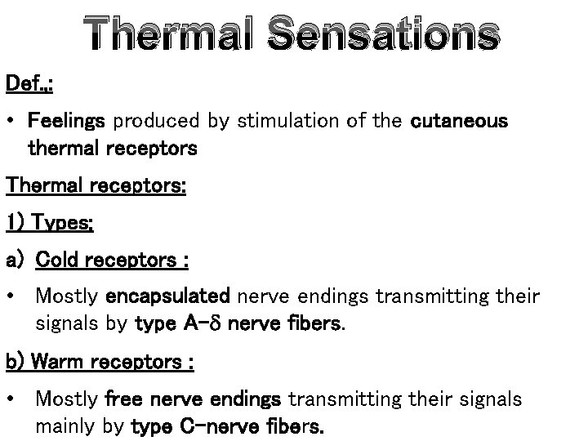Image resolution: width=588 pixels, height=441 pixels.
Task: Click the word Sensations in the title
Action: coord(382,35)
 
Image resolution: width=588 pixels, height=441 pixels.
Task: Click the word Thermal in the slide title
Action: coord(176,35)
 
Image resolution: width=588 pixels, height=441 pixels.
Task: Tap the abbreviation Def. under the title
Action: coord(22,83)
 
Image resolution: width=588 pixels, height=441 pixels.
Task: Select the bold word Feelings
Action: coord(66,122)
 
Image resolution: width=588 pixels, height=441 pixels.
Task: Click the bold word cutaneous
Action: coord(460,122)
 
